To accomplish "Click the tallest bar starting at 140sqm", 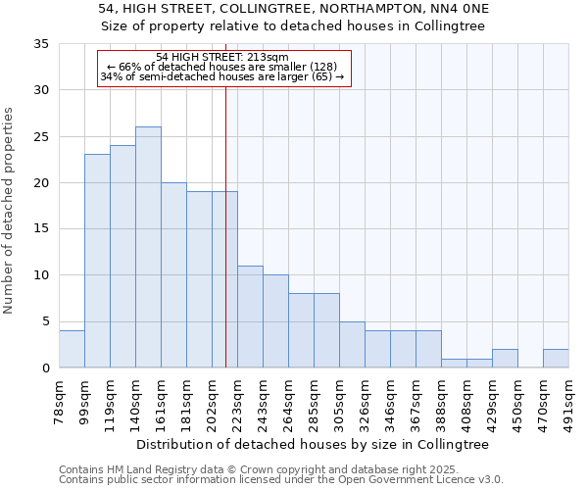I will [x=148, y=247].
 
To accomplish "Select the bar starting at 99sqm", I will [x=97, y=261].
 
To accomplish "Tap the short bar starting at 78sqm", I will [x=72, y=349].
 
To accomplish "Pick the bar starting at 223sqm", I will [x=250, y=317].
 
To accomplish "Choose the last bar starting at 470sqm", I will [x=556, y=358].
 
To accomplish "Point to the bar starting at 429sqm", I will [x=505, y=358].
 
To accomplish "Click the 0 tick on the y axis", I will [x=45, y=367].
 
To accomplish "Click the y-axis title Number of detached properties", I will [x=10, y=211].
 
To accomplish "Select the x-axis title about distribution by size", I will [x=312, y=444].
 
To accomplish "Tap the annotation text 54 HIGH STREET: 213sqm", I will [x=222, y=58].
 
